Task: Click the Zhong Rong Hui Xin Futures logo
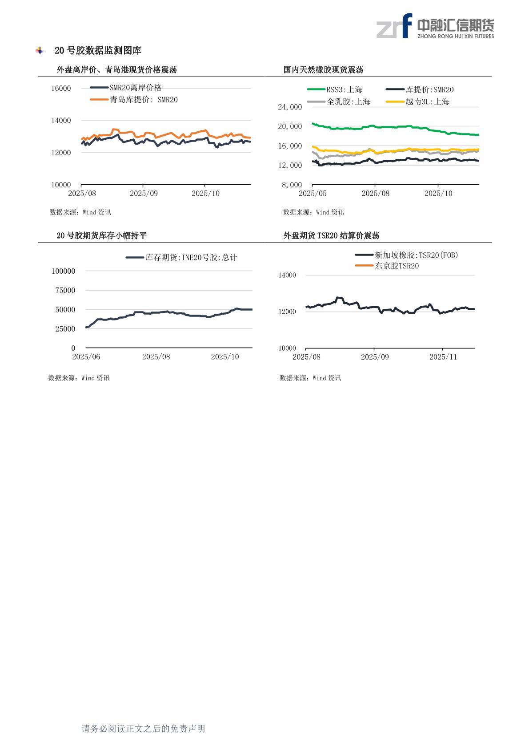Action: pos(435,26)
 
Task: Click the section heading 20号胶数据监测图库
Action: pos(98,51)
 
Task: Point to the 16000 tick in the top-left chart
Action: pos(61,88)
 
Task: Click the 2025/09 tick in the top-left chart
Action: pos(144,194)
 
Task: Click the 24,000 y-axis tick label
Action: pos(290,107)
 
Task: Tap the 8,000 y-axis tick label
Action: pos(292,185)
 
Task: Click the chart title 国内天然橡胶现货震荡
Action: pos(323,70)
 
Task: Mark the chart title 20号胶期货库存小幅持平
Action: pos(101,235)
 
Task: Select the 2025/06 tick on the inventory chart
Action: pos(86,357)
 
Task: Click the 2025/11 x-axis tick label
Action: pos(443,357)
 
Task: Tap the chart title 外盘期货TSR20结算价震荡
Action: pos(331,235)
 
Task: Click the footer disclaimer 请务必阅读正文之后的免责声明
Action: pos(143,729)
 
